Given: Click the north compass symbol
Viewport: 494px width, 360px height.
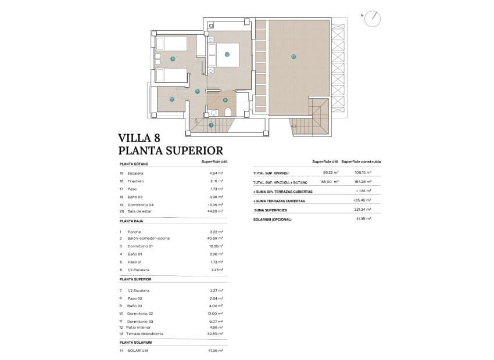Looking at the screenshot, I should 373,19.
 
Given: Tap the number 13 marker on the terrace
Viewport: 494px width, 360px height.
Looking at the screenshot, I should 293,56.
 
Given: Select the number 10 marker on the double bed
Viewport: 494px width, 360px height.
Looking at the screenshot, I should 227,55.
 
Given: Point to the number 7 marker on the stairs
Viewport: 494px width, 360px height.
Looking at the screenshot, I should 211,125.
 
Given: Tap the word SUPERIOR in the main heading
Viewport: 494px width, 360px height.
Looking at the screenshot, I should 194,151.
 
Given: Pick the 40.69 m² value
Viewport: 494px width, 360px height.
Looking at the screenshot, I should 216,239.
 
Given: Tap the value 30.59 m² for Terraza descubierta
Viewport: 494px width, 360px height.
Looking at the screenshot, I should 216,334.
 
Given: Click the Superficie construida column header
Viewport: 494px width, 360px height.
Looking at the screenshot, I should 361,161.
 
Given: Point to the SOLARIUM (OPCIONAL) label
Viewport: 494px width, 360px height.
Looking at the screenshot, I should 273,219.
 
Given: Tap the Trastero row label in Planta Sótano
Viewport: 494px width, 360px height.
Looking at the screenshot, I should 135,181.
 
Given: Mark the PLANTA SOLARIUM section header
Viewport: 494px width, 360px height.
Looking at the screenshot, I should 135,343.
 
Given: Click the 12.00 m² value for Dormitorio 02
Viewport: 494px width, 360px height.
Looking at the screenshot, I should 216,314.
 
